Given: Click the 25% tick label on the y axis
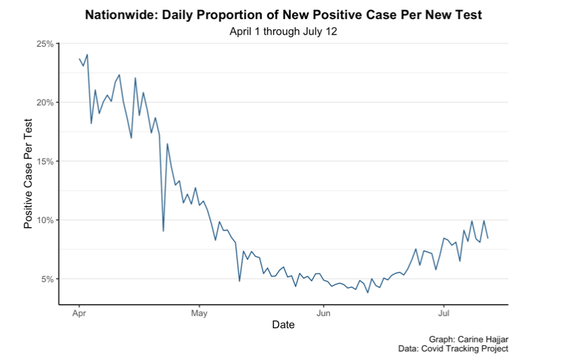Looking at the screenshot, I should (45, 44).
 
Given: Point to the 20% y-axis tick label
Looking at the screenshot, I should (45, 102).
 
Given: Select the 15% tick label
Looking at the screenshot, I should (45, 161).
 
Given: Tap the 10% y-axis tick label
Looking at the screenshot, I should (45, 220).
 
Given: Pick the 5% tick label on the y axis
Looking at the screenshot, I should (47, 279).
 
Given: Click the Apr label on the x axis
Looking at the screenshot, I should (79, 314).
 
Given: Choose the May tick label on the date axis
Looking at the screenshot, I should (199, 314).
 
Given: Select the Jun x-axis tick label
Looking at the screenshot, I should (323, 314).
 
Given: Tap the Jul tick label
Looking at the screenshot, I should (443, 314).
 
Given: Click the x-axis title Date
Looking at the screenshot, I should (283, 325).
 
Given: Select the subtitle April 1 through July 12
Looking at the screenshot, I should (283, 31).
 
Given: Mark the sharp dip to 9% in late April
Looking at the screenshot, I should (163, 231).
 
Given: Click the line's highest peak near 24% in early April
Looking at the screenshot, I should (87, 54).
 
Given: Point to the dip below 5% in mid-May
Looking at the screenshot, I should (239, 281).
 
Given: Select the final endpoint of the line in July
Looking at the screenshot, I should (488, 238).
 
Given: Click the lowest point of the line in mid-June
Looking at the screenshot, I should (368, 292).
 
